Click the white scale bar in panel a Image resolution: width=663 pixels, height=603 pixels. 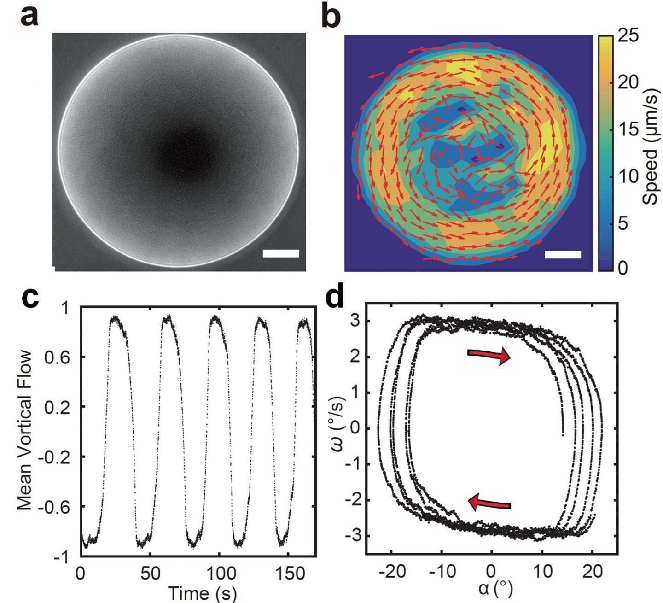(281, 253)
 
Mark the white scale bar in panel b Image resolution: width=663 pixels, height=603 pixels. (563, 254)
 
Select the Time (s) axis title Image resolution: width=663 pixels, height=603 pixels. (202, 593)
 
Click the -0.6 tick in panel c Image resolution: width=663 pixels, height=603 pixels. (62, 507)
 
